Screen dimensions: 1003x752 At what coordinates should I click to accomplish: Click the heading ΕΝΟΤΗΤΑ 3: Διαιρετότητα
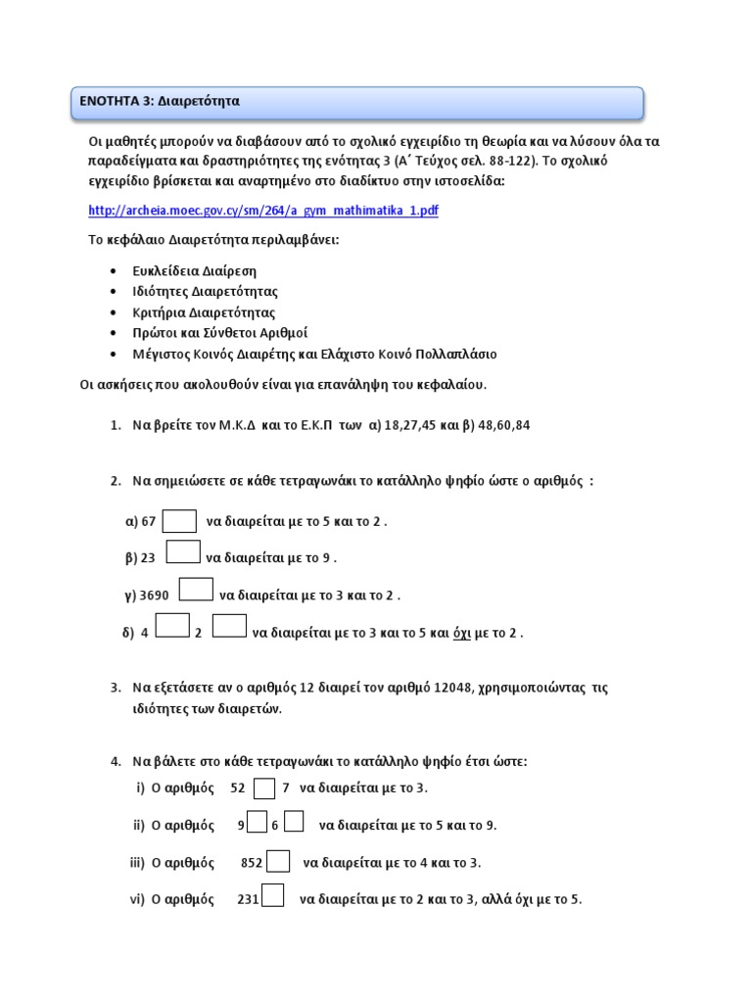pyautogui.click(x=161, y=101)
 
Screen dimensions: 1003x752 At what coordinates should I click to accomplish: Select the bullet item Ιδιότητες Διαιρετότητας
pyautogui.click(x=206, y=292)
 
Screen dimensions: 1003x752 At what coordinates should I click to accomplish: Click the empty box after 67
pyautogui.click(x=179, y=521)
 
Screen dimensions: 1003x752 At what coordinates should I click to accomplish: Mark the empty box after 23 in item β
pyautogui.click(x=183, y=553)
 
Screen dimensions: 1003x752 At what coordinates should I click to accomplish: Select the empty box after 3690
pyautogui.click(x=196, y=590)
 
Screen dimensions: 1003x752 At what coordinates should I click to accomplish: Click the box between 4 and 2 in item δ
pyautogui.click(x=172, y=626)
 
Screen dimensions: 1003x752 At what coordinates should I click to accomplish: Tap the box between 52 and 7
pyautogui.click(x=264, y=788)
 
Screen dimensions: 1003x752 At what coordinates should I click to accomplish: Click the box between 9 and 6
pyautogui.click(x=258, y=823)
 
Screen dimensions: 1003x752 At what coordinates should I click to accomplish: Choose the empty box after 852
pyautogui.click(x=278, y=861)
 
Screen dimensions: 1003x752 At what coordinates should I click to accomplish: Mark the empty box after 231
pyautogui.click(x=273, y=896)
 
